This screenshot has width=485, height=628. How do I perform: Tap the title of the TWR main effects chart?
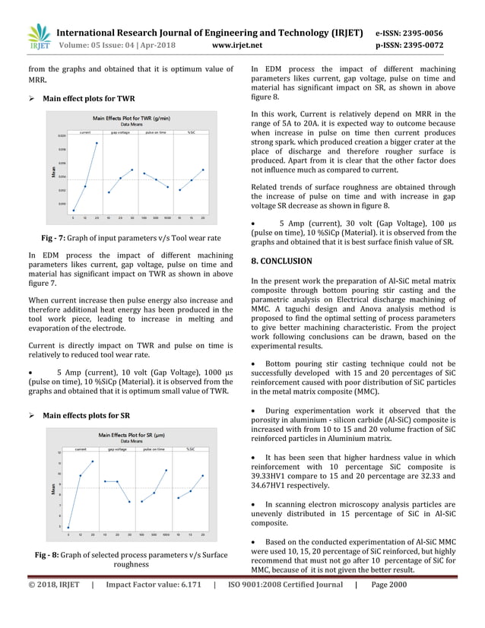pos(132,119)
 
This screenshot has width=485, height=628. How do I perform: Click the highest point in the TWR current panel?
pos(97,142)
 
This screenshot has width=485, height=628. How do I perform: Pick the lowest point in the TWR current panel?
pos(74,211)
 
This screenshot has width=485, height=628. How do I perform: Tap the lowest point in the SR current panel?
pos(68,528)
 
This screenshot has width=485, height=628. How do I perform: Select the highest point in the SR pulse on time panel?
pos(166,470)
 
